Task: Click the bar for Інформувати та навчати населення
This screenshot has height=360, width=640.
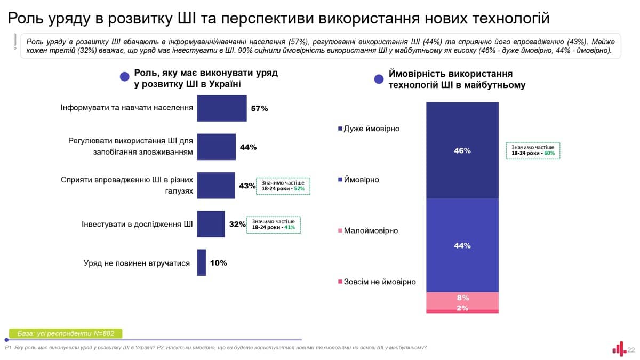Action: coord(222,108)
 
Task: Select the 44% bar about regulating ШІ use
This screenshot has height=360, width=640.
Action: coord(216,147)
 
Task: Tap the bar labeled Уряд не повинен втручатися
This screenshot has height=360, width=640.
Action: coord(201,262)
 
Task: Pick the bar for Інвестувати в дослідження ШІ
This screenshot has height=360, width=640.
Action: coord(211,224)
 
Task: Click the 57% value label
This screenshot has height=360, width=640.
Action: coord(259,108)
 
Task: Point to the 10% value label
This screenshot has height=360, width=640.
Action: coord(218,263)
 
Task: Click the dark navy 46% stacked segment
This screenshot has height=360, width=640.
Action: coord(462,150)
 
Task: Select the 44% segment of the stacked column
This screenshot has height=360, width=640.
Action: coord(462,245)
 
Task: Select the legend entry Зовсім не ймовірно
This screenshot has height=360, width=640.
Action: coord(377,282)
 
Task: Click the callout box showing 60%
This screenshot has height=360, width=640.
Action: coord(533,150)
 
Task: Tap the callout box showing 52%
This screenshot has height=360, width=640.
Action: coord(283,186)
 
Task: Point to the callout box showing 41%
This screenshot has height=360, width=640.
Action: coord(274,225)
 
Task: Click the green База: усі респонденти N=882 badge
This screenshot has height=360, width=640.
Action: coord(66,334)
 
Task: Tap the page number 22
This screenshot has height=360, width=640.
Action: coord(631,350)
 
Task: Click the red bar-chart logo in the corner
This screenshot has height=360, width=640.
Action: coord(619,349)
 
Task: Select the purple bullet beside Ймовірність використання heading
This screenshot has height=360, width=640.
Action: coord(379,79)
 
